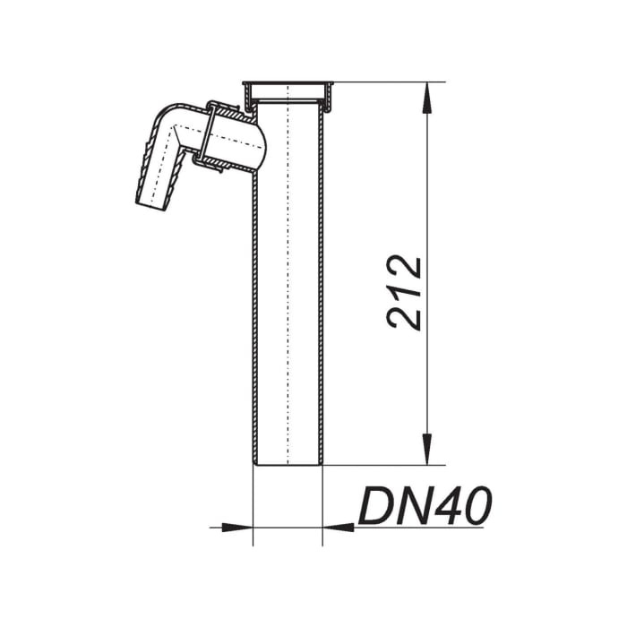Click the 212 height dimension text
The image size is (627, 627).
click(x=406, y=292)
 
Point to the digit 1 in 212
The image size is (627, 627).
click(x=406, y=292)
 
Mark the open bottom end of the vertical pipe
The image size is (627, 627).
click(x=288, y=463)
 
